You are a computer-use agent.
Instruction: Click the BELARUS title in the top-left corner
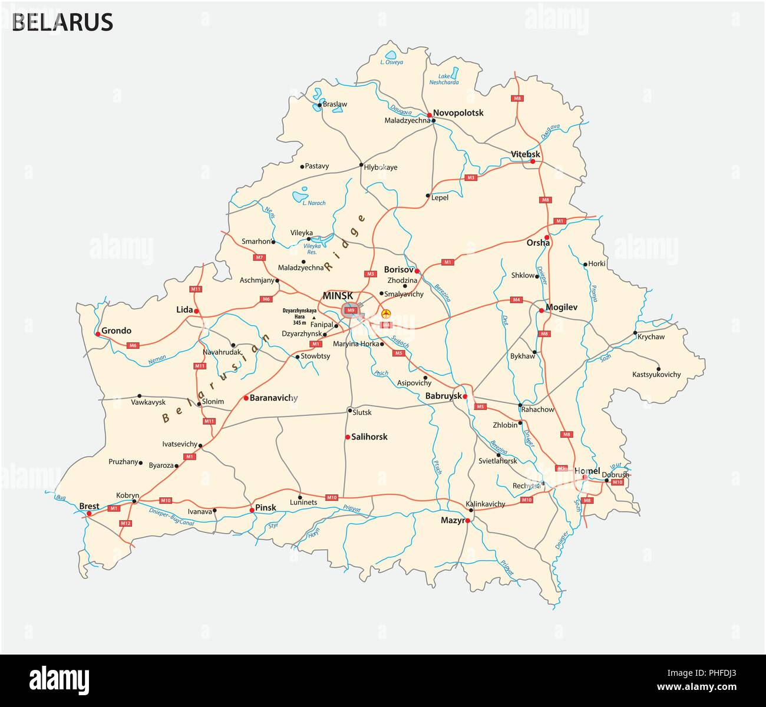click(x=62, y=22)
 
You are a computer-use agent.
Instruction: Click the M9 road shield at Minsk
click(x=352, y=310)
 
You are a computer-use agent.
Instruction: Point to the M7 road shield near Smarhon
click(x=259, y=257)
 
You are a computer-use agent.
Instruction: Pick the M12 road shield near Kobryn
click(x=125, y=523)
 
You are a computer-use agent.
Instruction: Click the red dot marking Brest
click(x=89, y=514)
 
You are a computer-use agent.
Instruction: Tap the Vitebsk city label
click(x=525, y=154)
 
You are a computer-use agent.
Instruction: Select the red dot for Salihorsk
click(x=348, y=437)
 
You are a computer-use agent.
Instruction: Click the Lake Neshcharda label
click(x=448, y=80)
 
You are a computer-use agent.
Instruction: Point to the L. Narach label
click(x=313, y=203)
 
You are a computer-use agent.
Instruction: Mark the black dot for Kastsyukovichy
click(x=658, y=369)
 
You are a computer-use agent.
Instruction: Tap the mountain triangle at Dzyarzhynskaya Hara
click(x=313, y=318)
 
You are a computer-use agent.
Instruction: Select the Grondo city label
click(x=116, y=331)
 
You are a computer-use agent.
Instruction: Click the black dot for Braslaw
click(x=319, y=105)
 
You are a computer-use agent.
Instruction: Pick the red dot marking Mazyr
click(x=467, y=521)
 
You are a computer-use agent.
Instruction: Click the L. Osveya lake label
click(x=392, y=62)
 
